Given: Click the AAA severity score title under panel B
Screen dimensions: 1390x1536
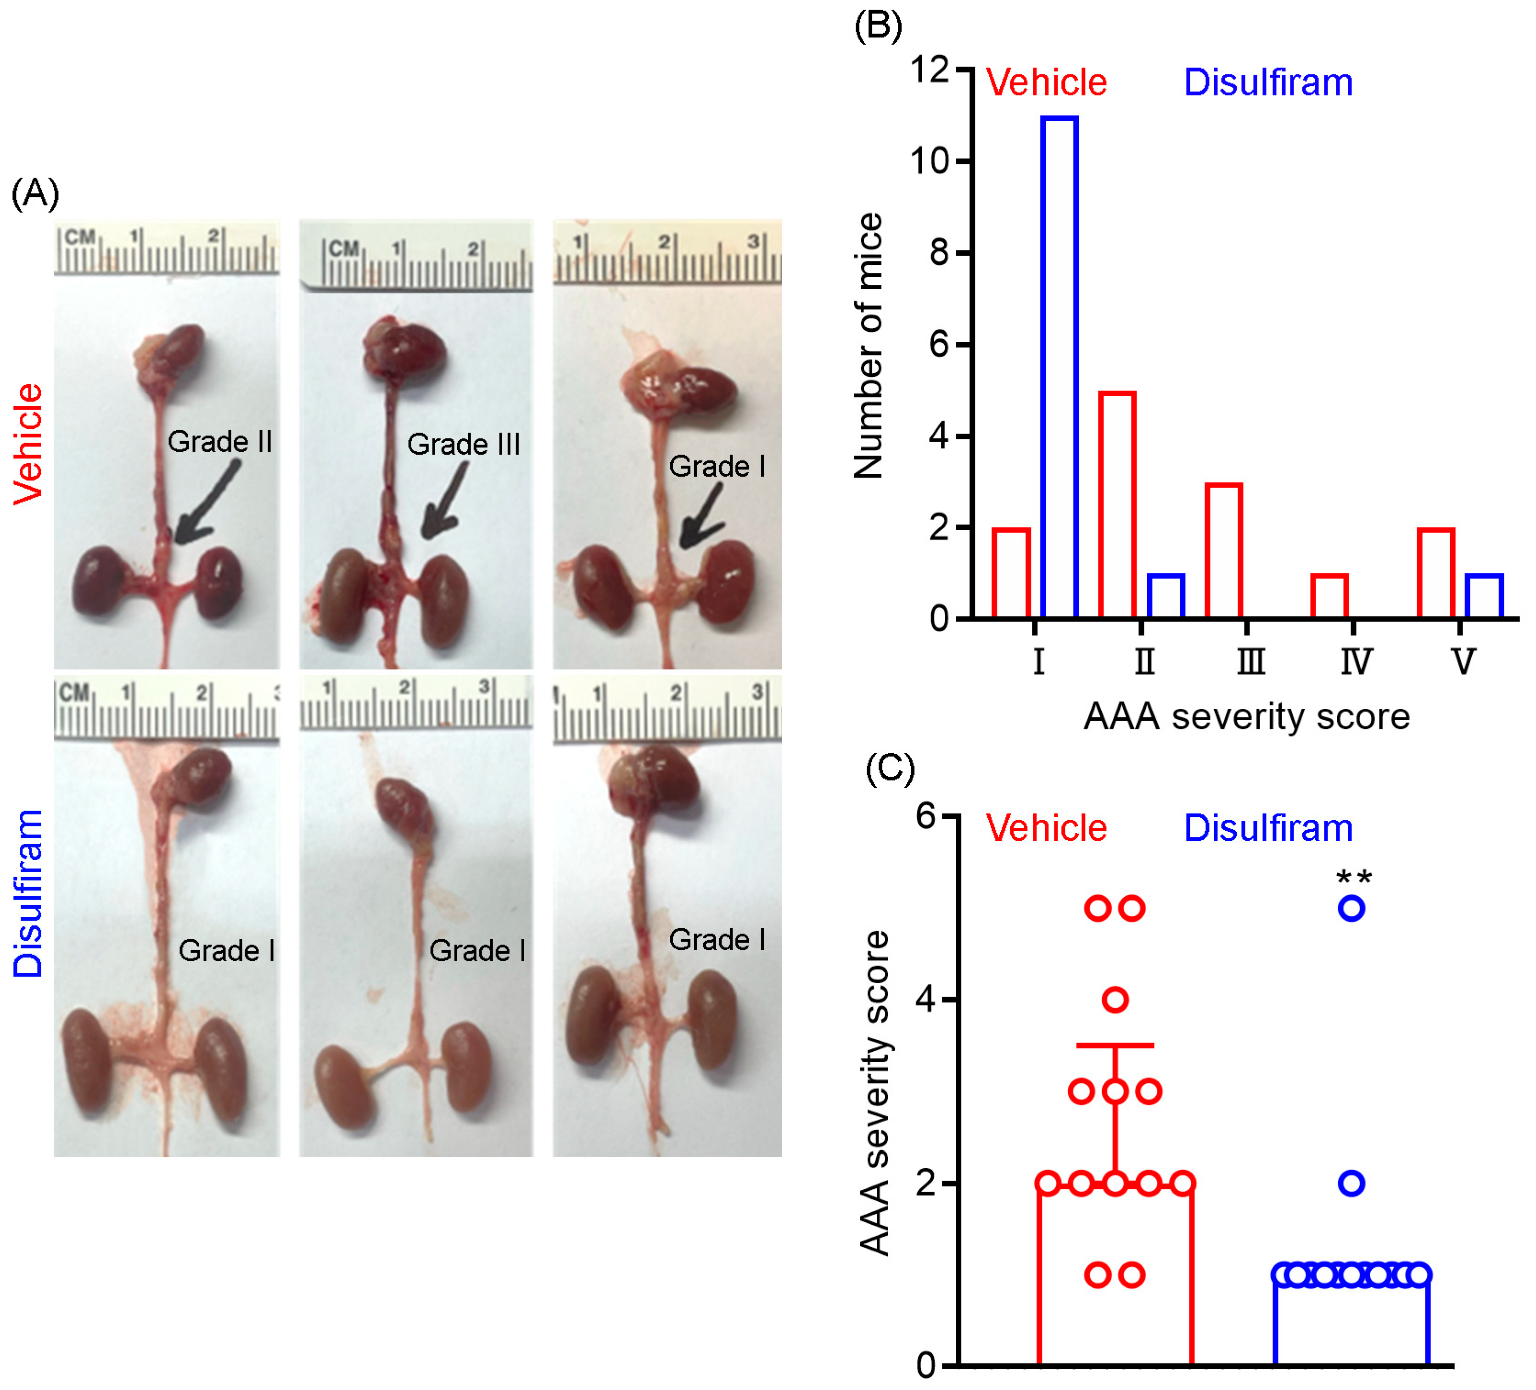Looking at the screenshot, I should (1246, 716).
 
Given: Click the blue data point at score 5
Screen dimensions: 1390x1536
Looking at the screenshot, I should (1351, 908).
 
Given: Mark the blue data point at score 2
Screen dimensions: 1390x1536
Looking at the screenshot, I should (1351, 1183).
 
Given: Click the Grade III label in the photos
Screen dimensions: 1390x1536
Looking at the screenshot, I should (463, 444).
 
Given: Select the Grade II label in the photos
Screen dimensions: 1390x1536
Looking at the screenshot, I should (219, 442).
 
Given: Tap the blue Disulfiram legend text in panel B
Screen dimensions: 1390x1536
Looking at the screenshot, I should (1268, 82).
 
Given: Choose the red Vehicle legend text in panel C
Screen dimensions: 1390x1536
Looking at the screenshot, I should (1046, 829).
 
